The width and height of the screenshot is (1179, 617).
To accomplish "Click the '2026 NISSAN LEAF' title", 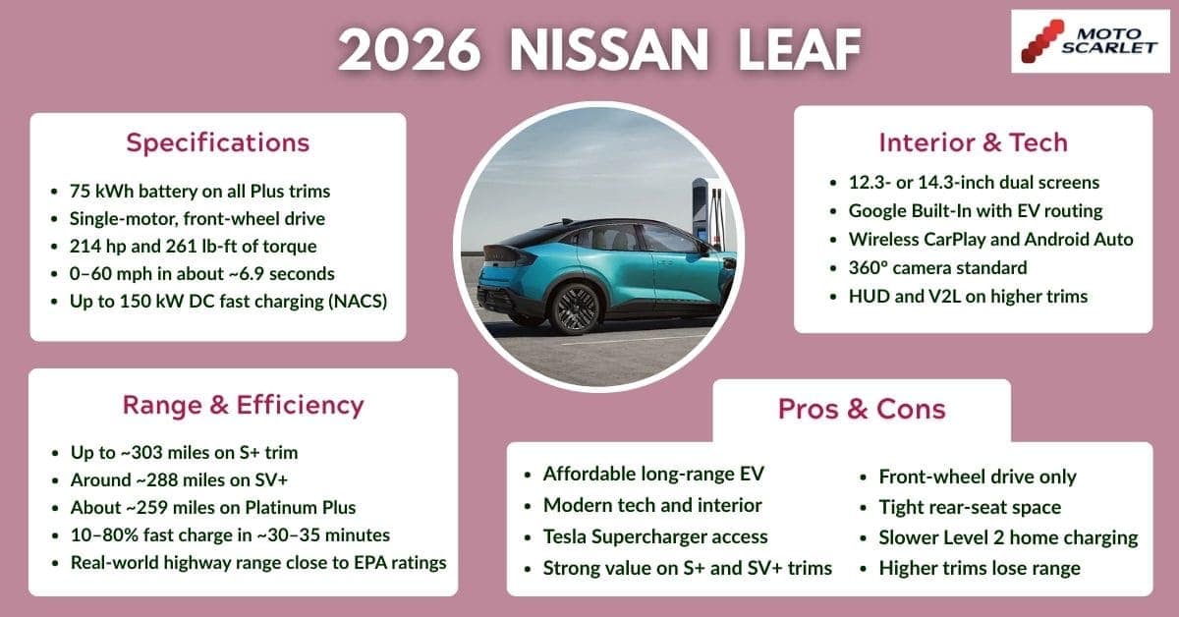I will point(599,49).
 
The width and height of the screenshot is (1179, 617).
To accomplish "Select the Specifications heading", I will point(217,142).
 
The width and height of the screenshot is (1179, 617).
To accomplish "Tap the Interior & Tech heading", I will point(973,142).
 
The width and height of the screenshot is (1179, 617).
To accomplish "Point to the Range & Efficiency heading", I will point(243,405).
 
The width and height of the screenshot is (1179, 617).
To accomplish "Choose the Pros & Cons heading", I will point(862,409).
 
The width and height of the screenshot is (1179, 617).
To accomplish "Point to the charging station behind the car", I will point(703,211).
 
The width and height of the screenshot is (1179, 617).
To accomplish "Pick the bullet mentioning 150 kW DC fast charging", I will point(229,302).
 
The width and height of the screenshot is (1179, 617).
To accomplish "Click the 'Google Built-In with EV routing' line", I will point(976,210).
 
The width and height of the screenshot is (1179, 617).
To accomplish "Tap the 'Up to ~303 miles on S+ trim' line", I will point(184,453).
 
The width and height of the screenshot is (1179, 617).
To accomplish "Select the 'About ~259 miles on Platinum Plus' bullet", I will point(211,508).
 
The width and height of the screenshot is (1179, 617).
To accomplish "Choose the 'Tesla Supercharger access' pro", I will point(655,536).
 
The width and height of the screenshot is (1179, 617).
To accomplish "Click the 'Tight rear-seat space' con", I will point(970,507).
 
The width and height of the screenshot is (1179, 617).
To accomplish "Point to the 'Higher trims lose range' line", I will point(980,567).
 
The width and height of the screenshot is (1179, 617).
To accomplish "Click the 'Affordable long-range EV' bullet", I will point(653,475).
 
